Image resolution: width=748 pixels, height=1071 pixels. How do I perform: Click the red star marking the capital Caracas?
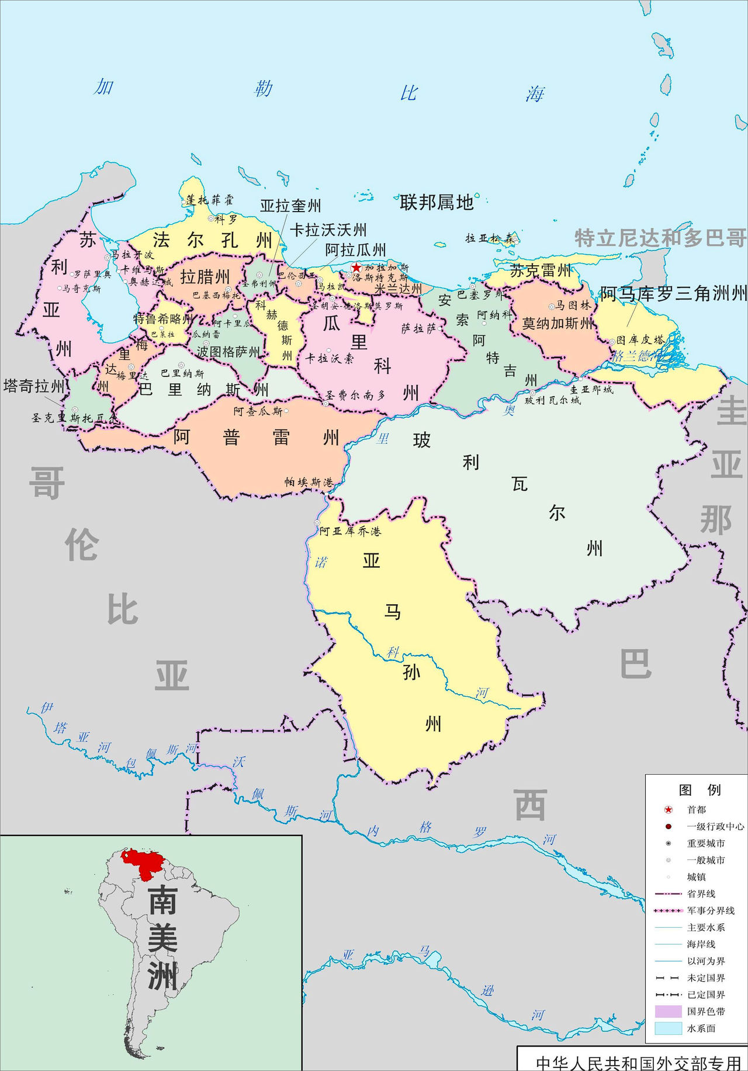coord(356,267)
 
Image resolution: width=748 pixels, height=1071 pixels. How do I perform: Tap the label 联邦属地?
coord(437,203)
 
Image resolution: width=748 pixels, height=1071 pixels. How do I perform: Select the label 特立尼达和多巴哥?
coord(660,238)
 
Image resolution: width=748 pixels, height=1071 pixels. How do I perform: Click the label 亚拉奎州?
coord(290,206)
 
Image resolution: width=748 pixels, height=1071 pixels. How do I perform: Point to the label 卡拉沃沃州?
coord(328,230)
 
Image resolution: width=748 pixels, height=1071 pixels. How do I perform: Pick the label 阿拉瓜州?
coord(355,250)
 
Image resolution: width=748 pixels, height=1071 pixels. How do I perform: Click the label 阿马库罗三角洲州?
coord(673,293)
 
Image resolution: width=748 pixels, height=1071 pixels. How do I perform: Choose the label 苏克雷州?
coord(541,271)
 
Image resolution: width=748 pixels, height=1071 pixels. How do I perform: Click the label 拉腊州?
coord(205,276)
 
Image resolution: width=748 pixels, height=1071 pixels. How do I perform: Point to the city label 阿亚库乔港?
coord(350,531)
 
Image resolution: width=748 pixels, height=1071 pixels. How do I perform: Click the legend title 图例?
coord(699,790)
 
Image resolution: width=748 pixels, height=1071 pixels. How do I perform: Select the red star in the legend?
coord(669,810)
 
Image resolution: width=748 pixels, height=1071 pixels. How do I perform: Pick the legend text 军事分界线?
coord(711,910)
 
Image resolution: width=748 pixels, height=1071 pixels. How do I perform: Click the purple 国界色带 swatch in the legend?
coord(669,1011)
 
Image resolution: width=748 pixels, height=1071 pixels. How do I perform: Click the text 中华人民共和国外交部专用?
coord(638,1063)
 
